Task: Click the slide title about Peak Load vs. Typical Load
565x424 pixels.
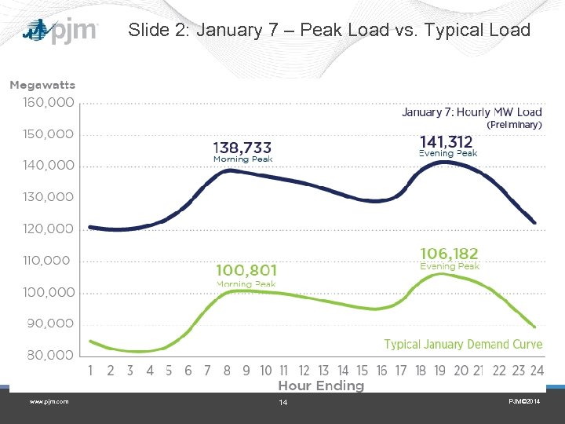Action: point(329,31)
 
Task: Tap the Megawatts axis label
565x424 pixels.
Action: point(42,85)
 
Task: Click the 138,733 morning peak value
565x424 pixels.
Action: point(242,147)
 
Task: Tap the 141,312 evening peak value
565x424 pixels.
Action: point(447,141)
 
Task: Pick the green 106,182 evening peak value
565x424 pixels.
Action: point(449,254)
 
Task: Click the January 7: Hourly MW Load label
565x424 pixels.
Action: point(472,112)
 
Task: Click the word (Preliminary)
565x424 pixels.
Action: point(514,125)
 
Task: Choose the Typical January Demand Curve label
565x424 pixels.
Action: point(463,345)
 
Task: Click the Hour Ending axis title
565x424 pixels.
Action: point(321,386)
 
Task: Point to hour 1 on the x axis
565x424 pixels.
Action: point(91,371)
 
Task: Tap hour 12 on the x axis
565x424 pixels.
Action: point(304,371)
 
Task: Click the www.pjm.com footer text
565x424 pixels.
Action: point(49,402)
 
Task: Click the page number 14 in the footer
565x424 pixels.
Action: point(283,403)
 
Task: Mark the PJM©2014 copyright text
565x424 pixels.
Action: point(523,402)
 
